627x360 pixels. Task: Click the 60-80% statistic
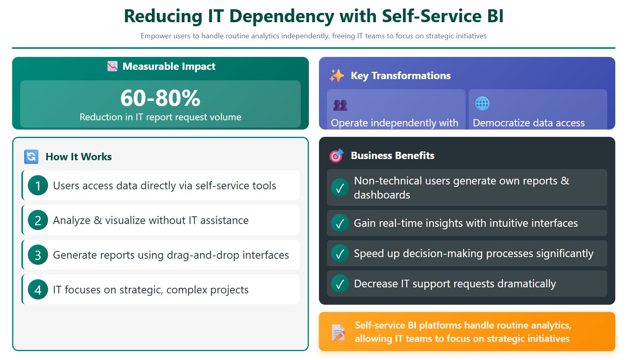(x=160, y=98)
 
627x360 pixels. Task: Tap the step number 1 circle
(x=38, y=186)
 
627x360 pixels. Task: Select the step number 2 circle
(x=38, y=220)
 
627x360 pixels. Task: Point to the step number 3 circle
(x=38, y=255)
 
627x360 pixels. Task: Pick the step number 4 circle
(x=38, y=290)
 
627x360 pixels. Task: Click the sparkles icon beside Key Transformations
(x=336, y=75)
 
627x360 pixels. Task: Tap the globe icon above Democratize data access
(x=482, y=103)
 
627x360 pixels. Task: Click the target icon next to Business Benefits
(x=336, y=155)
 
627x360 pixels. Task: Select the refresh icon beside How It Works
(x=31, y=157)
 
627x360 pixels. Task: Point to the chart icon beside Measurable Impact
(x=112, y=66)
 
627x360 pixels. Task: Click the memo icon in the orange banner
(x=338, y=332)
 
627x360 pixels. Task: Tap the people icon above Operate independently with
(x=340, y=105)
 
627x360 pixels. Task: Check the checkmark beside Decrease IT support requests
(x=340, y=284)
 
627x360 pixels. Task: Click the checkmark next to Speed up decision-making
(x=340, y=253)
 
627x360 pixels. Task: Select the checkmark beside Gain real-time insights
(x=340, y=223)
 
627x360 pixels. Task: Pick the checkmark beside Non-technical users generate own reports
(x=340, y=188)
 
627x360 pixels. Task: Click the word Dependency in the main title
(x=281, y=17)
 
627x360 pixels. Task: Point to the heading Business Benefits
(x=392, y=155)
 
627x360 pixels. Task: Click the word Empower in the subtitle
(x=156, y=36)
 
